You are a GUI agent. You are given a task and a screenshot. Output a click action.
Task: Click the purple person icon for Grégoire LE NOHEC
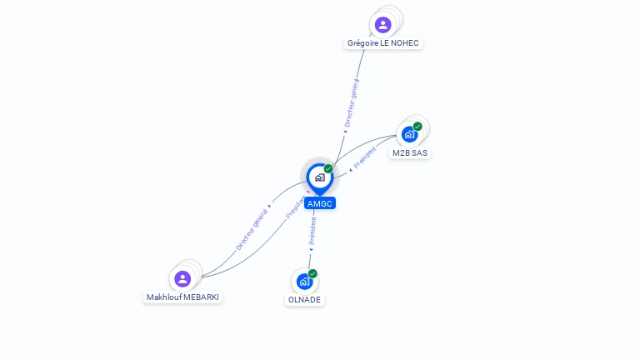click(x=382, y=25)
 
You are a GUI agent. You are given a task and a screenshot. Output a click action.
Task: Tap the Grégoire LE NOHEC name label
click(x=382, y=42)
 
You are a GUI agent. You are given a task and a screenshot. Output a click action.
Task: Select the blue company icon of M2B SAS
click(x=409, y=134)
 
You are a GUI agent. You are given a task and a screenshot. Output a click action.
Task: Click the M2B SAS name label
click(x=410, y=153)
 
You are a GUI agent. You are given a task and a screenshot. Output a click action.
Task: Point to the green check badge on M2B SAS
click(x=417, y=126)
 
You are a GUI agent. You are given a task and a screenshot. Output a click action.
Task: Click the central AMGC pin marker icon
click(x=320, y=179)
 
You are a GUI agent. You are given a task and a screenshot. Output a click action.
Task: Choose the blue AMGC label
click(x=320, y=203)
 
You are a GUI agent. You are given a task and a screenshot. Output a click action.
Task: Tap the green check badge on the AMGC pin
click(x=328, y=168)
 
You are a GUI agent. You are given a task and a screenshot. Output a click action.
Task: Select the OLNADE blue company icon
click(x=304, y=282)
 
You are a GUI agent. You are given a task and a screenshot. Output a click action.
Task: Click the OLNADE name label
click(x=304, y=300)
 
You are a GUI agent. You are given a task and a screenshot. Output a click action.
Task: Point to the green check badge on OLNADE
click(x=312, y=273)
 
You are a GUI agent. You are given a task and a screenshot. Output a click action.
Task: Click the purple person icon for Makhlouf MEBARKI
click(x=182, y=279)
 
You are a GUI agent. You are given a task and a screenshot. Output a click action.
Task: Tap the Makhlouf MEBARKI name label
click(x=182, y=297)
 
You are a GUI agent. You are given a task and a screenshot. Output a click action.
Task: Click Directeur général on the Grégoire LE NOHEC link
click(x=352, y=102)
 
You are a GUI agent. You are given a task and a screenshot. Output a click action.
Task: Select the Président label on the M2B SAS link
click(x=365, y=157)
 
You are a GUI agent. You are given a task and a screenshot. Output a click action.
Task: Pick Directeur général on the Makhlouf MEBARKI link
click(x=252, y=229)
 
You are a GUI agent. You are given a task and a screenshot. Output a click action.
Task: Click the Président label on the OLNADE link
click(x=312, y=231)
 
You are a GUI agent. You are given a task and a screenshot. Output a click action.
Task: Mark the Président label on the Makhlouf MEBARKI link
click(x=296, y=207)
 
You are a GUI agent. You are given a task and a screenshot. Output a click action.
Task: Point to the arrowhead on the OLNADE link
click(x=311, y=250)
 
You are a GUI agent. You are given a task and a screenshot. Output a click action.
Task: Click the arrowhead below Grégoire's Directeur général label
click(x=345, y=132)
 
